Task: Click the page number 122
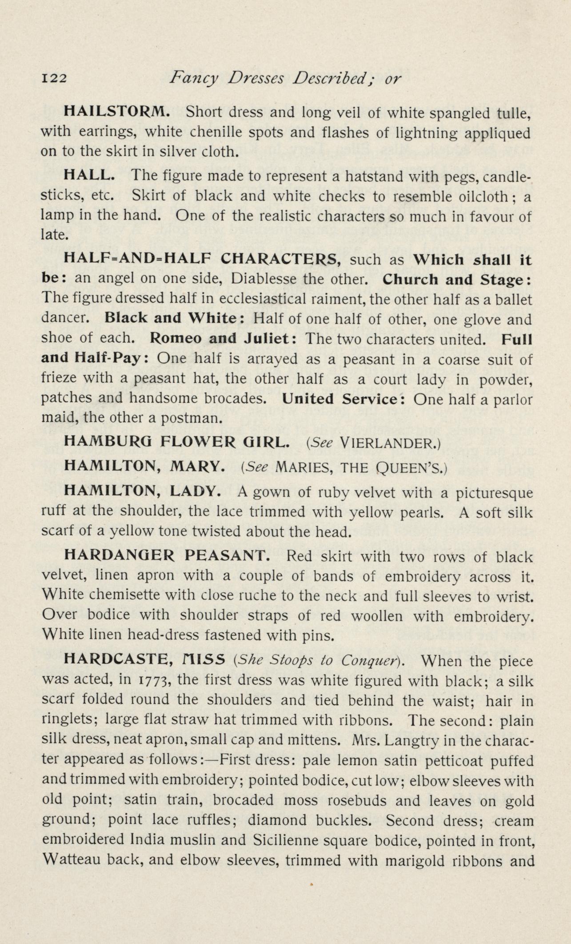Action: pos(54,79)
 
